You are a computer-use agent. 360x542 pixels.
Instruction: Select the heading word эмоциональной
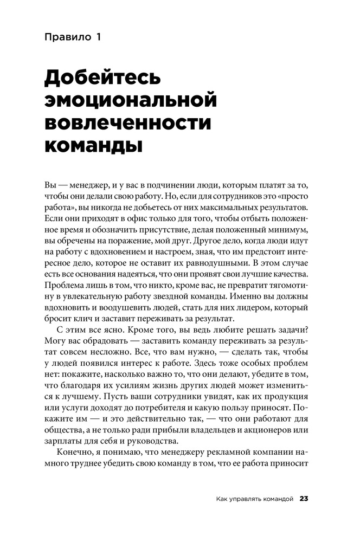[130, 101]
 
